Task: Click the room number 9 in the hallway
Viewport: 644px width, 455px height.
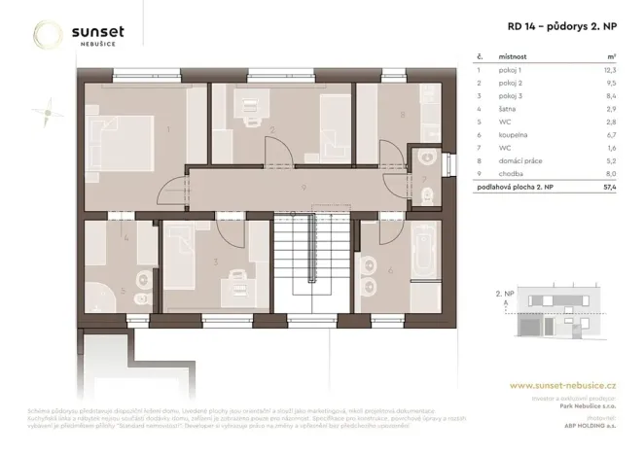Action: [304, 186]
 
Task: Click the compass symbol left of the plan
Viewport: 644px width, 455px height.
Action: [44, 114]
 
